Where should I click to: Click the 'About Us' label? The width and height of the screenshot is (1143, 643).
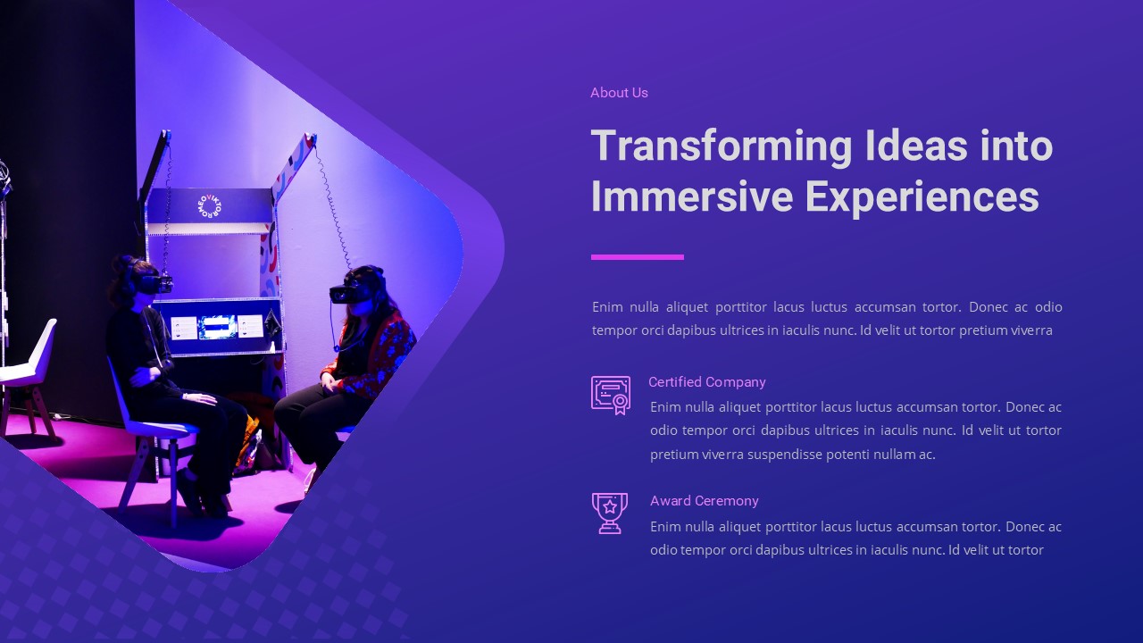pos(619,93)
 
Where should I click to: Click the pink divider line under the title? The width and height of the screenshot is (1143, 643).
pos(638,257)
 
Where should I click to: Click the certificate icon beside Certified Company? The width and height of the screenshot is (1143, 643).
pos(611,395)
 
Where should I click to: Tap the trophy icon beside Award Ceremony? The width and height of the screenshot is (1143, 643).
pos(610,514)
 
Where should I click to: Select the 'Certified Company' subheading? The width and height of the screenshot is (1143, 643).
pos(707,382)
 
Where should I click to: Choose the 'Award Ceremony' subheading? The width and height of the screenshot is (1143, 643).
pos(705,501)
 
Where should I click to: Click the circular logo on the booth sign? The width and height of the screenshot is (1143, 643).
pos(209,206)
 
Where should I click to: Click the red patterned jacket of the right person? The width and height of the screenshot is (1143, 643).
pos(380,357)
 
